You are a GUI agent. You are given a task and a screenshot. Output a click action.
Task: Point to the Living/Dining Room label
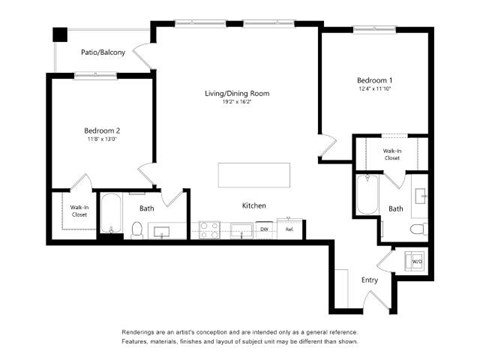[x=237, y=94]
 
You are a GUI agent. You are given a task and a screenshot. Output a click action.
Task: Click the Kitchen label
[x=254, y=205]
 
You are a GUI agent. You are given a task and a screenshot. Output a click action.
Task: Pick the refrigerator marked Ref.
[x=290, y=229]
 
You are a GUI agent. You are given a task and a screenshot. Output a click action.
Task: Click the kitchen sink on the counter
[x=239, y=230]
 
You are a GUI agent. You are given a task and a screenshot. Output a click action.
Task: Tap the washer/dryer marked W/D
[x=415, y=262]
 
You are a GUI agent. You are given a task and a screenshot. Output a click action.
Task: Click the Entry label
[x=370, y=280]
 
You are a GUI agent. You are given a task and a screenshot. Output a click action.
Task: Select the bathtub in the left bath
[x=111, y=215]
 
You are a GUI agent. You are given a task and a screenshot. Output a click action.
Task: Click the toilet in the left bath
[x=137, y=229]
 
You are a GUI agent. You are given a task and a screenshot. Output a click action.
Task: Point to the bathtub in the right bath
[x=366, y=196]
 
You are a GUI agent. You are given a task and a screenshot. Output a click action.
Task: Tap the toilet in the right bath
[x=418, y=229]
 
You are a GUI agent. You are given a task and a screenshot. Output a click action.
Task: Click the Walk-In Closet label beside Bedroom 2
[x=77, y=211]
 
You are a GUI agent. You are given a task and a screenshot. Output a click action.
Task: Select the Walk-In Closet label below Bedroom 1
[x=391, y=154]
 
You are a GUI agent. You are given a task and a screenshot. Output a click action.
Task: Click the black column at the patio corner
[x=59, y=32]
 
